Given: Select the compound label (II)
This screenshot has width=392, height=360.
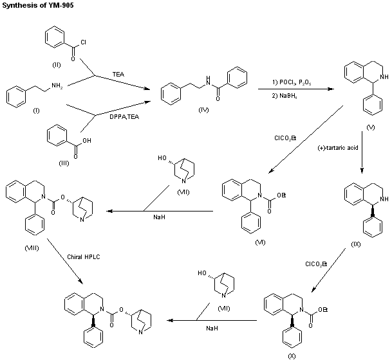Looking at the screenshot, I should click(56, 66).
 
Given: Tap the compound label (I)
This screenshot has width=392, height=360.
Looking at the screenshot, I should click(36, 111).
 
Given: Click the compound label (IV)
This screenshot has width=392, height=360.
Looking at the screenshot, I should click(203, 111).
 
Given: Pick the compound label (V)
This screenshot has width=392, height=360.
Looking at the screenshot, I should click(371, 128).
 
